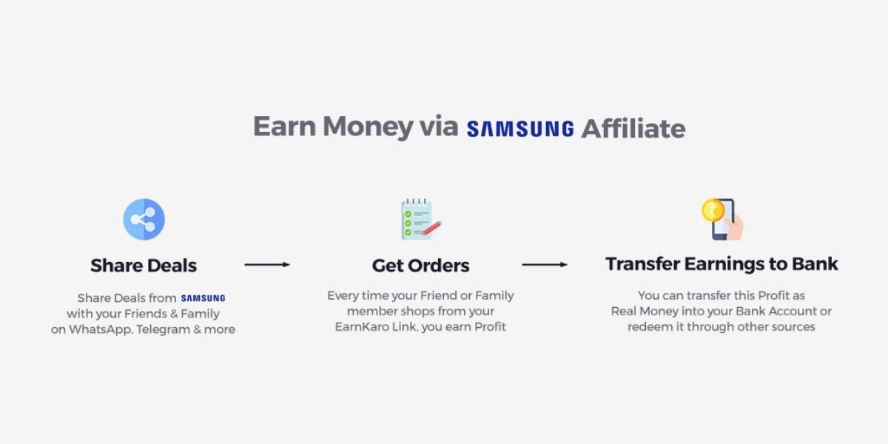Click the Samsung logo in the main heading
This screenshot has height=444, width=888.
[520, 129]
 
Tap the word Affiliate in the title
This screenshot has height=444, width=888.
[633, 128]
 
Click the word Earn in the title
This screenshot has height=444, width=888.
[283, 127]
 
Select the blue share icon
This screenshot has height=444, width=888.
[144, 219]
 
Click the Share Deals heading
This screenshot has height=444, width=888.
[144, 265]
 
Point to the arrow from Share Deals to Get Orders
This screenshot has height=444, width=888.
[267, 264]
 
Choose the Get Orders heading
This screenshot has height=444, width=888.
[420, 265]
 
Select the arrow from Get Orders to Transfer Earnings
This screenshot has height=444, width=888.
[545, 264]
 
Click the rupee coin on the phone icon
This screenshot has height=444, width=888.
[713, 210]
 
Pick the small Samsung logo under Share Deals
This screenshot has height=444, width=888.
[203, 298]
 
